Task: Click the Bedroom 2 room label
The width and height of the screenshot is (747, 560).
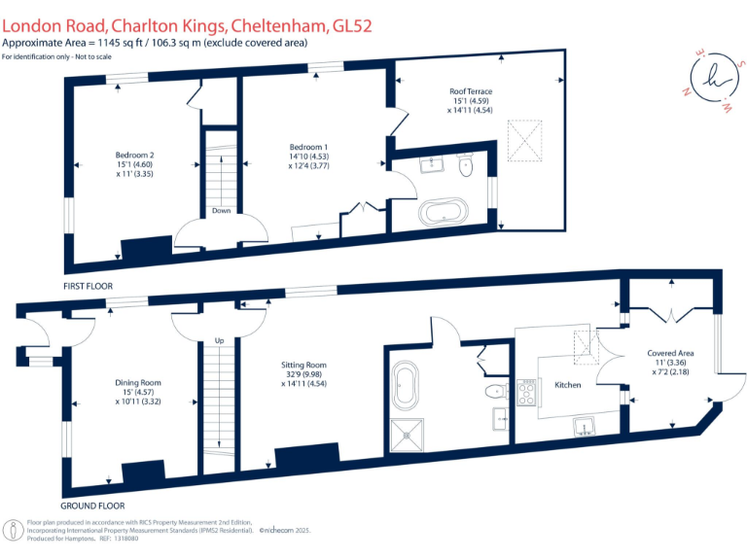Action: pyautogui.click(x=135, y=156)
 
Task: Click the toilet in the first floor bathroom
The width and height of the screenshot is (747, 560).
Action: pyautogui.click(x=465, y=164)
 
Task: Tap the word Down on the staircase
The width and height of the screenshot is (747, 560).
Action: pyautogui.click(x=221, y=210)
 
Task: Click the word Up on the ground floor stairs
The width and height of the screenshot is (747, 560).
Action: pyautogui.click(x=220, y=340)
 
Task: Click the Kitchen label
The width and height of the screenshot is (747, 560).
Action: pyautogui.click(x=567, y=385)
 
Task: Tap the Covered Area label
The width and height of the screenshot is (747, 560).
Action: pyautogui.click(x=670, y=353)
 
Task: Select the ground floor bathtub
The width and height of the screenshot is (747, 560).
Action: pyautogui.click(x=405, y=387)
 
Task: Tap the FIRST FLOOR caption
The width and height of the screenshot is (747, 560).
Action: pyautogui.click(x=88, y=287)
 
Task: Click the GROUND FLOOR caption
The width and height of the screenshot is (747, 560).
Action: pyautogui.click(x=93, y=505)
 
